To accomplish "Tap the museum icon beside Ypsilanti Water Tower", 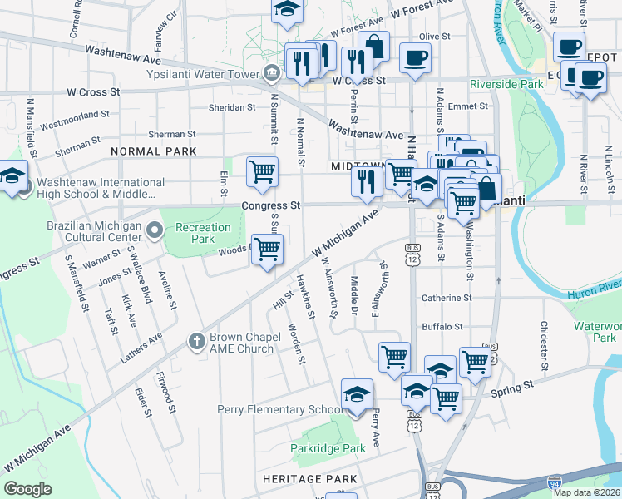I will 271,73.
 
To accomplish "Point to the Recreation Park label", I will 203,233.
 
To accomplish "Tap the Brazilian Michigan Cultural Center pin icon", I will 154,229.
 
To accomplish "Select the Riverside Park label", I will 506,84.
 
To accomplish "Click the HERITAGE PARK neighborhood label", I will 309,479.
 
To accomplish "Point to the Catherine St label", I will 447,298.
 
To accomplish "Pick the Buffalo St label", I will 441,327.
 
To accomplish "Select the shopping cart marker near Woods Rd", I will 267,249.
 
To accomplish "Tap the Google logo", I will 27,488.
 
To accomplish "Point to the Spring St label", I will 511,389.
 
